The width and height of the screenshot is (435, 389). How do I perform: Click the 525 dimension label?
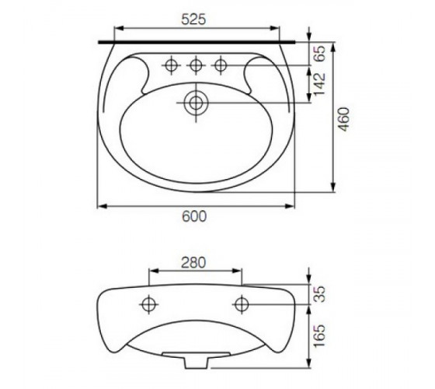pyautogui.click(x=193, y=19)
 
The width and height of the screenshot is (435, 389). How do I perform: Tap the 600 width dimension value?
pyautogui.click(x=194, y=216)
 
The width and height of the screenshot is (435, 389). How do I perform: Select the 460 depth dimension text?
pyautogui.click(x=344, y=119)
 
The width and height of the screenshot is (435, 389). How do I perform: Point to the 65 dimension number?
pyautogui.click(x=320, y=54)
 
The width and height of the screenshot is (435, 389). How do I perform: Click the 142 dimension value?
pyautogui.click(x=320, y=84)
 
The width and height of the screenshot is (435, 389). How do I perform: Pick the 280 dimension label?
pyautogui.click(x=193, y=263)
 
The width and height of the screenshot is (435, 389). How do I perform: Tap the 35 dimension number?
pyautogui.click(x=320, y=294)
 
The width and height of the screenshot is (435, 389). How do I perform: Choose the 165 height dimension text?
pyautogui.click(x=320, y=335)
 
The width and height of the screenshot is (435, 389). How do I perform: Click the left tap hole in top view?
pyautogui.click(x=171, y=65)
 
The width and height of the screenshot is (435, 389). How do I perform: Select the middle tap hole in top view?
pyautogui.click(x=196, y=65)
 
